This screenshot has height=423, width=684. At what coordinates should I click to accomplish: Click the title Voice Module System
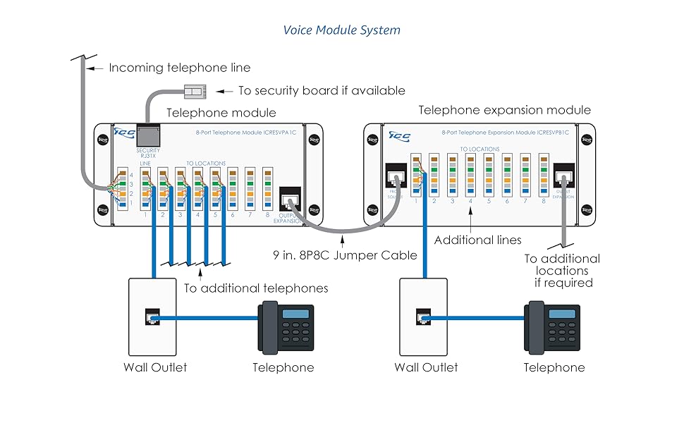tap(341, 30)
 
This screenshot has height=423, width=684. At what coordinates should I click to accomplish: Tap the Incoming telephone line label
tap(179, 68)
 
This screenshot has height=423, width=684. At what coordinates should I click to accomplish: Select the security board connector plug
tap(194, 90)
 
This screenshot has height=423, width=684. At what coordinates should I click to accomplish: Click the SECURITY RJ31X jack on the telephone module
tap(147, 135)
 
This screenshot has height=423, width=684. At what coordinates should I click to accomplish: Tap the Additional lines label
tap(477, 240)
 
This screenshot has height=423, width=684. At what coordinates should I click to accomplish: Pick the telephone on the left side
tap(286, 328)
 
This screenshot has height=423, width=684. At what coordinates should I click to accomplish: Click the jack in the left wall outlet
tap(152, 318)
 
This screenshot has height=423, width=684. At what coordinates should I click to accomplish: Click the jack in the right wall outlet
tap(422, 318)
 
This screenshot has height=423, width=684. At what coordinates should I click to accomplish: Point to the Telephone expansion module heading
tap(504, 110)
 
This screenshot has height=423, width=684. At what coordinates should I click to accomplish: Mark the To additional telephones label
tap(256, 288)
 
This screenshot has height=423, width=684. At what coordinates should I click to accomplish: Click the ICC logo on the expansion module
tap(399, 135)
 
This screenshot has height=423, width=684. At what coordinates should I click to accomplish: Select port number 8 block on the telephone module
tap(268, 188)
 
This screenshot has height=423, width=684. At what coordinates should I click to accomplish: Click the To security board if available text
tap(322, 90)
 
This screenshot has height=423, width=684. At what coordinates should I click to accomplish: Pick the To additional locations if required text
tap(562, 271)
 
